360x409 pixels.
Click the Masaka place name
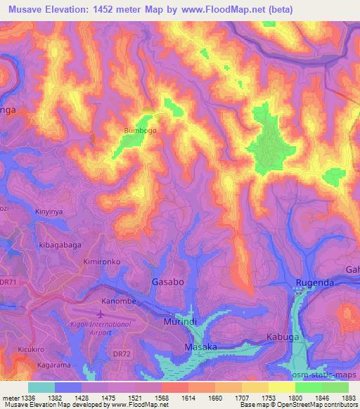pyautogui.click(x=200, y=347)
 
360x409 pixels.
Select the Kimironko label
pyautogui.click(x=102, y=260)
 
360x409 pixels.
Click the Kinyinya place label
pyautogui.click(x=50, y=211)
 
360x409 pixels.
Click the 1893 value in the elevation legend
pyautogui.click(x=340, y=397)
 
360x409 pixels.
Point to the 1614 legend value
pyautogui.click(x=174, y=397)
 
